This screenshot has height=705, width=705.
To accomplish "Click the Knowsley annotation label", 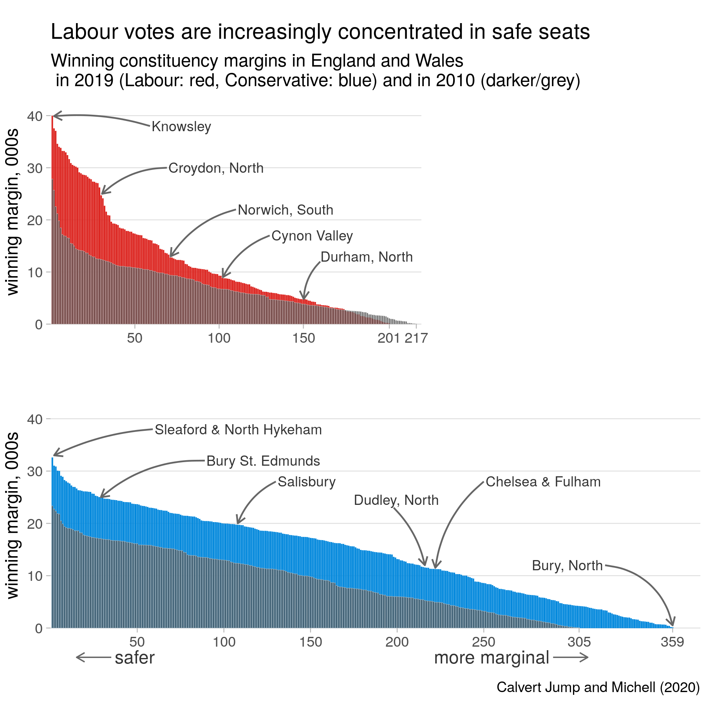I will [181, 127].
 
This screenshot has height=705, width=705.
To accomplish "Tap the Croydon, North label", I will [216, 168].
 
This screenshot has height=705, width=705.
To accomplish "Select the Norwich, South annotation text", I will [286, 210].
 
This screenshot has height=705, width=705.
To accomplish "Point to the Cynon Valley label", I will [312, 236].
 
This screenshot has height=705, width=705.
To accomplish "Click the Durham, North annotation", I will [367, 257].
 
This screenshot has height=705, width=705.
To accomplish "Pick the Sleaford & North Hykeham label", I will [238, 430].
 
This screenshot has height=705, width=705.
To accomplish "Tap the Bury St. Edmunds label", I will [263, 461].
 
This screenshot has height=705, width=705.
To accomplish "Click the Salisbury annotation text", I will [307, 482].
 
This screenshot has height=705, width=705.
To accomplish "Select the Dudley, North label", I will [396, 500].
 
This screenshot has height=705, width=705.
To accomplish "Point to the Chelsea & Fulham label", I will [543, 482].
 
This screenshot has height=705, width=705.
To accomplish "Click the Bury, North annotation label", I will [567, 566].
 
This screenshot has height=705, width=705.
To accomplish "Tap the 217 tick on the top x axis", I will [416, 338].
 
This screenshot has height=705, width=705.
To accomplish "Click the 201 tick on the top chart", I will [389, 338].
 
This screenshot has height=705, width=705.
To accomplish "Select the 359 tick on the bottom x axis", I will [672, 642].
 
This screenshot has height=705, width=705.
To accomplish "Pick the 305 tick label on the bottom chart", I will [579, 642].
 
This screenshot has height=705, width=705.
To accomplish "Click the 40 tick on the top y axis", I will [35, 116].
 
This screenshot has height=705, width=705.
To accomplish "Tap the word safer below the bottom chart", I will [135, 658].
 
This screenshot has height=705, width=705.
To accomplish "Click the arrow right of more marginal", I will [571, 658].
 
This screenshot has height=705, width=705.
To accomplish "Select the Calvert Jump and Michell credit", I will [598, 687].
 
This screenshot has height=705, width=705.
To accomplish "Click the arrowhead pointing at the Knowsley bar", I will [55, 116].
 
